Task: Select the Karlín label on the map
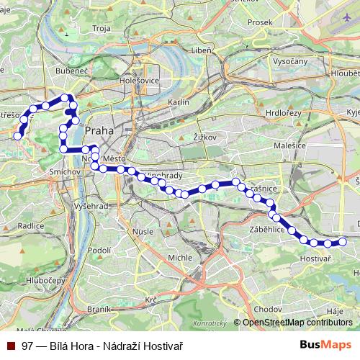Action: (x=178, y=102)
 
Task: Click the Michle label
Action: (x=179, y=257)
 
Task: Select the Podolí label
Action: (x=97, y=250)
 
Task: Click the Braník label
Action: (x=97, y=308)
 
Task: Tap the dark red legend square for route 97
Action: (x=10, y=346)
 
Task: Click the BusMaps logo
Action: (x=325, y=346)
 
